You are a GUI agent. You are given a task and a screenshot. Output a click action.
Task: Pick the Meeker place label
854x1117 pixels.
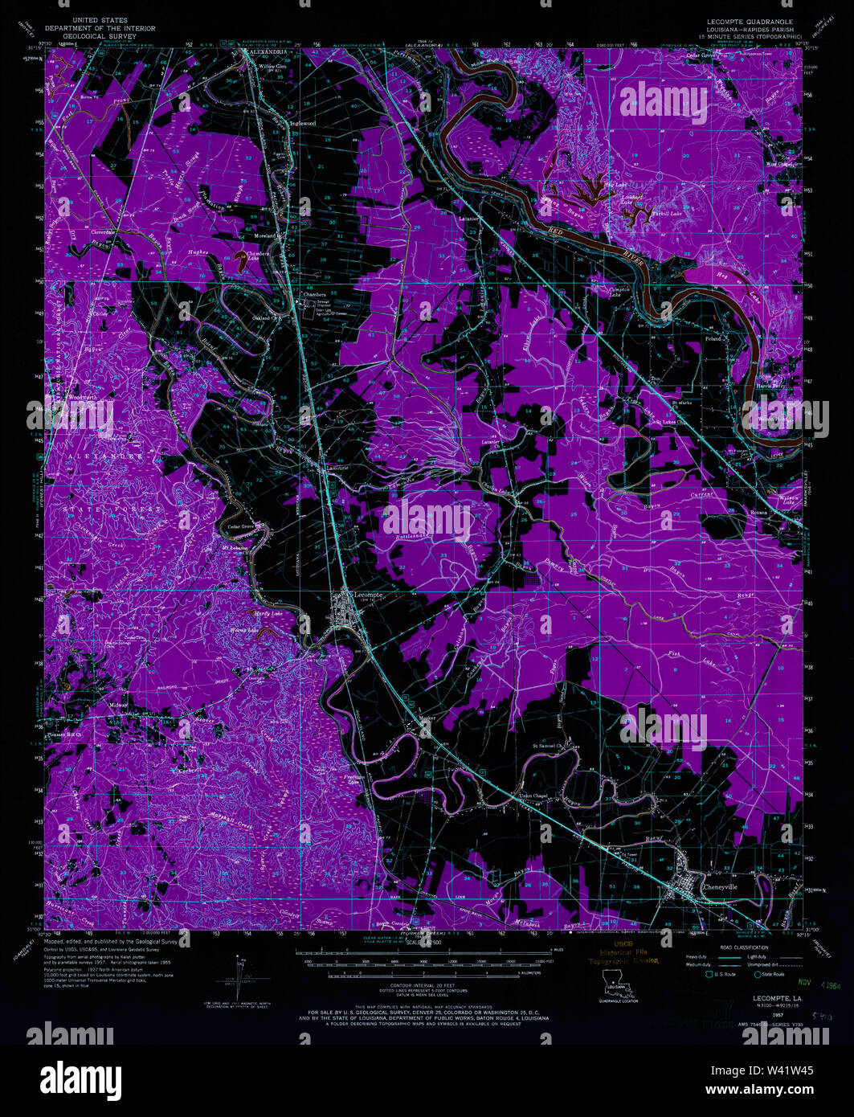[427, 719]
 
